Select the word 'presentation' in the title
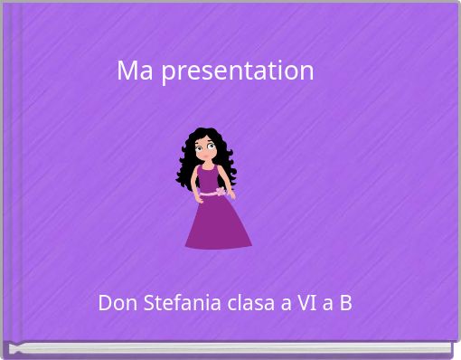pos(238,71)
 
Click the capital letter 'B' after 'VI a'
pos(345,302)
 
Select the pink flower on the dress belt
pos(220,192)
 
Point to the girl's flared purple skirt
pos(218,223)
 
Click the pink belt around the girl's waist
pos(208,193)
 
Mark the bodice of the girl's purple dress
pos(209,177)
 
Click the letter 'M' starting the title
pos(127,71)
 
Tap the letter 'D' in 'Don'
pos(105,302)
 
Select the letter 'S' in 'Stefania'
pos(151,302)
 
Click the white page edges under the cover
pos(226,347)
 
